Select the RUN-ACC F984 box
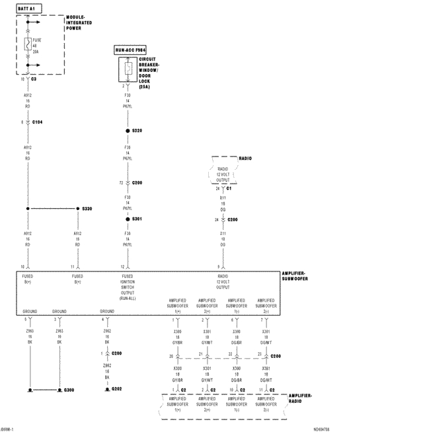point(130,50)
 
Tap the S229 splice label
point(137,131)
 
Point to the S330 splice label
point(87,209)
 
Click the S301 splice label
point(137,219)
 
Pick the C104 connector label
point(38,122)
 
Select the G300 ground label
point(69,390)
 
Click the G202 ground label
point(117,389)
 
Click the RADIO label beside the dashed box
point(245,159)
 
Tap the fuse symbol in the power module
point(28,45)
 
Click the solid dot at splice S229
point(128,131)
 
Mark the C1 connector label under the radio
point(229,188)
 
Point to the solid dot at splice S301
point(128,219)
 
